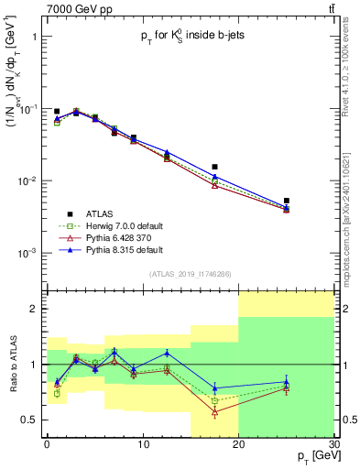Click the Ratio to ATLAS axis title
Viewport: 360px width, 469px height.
14,365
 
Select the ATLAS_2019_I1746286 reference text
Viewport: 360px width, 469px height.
190,274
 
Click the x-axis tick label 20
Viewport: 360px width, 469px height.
238,445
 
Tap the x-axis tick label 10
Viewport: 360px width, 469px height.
142,445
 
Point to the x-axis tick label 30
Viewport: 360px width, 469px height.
333,445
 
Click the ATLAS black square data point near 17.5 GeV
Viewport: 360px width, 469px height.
214,167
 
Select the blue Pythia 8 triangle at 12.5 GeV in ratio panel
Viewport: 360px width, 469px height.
167,353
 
